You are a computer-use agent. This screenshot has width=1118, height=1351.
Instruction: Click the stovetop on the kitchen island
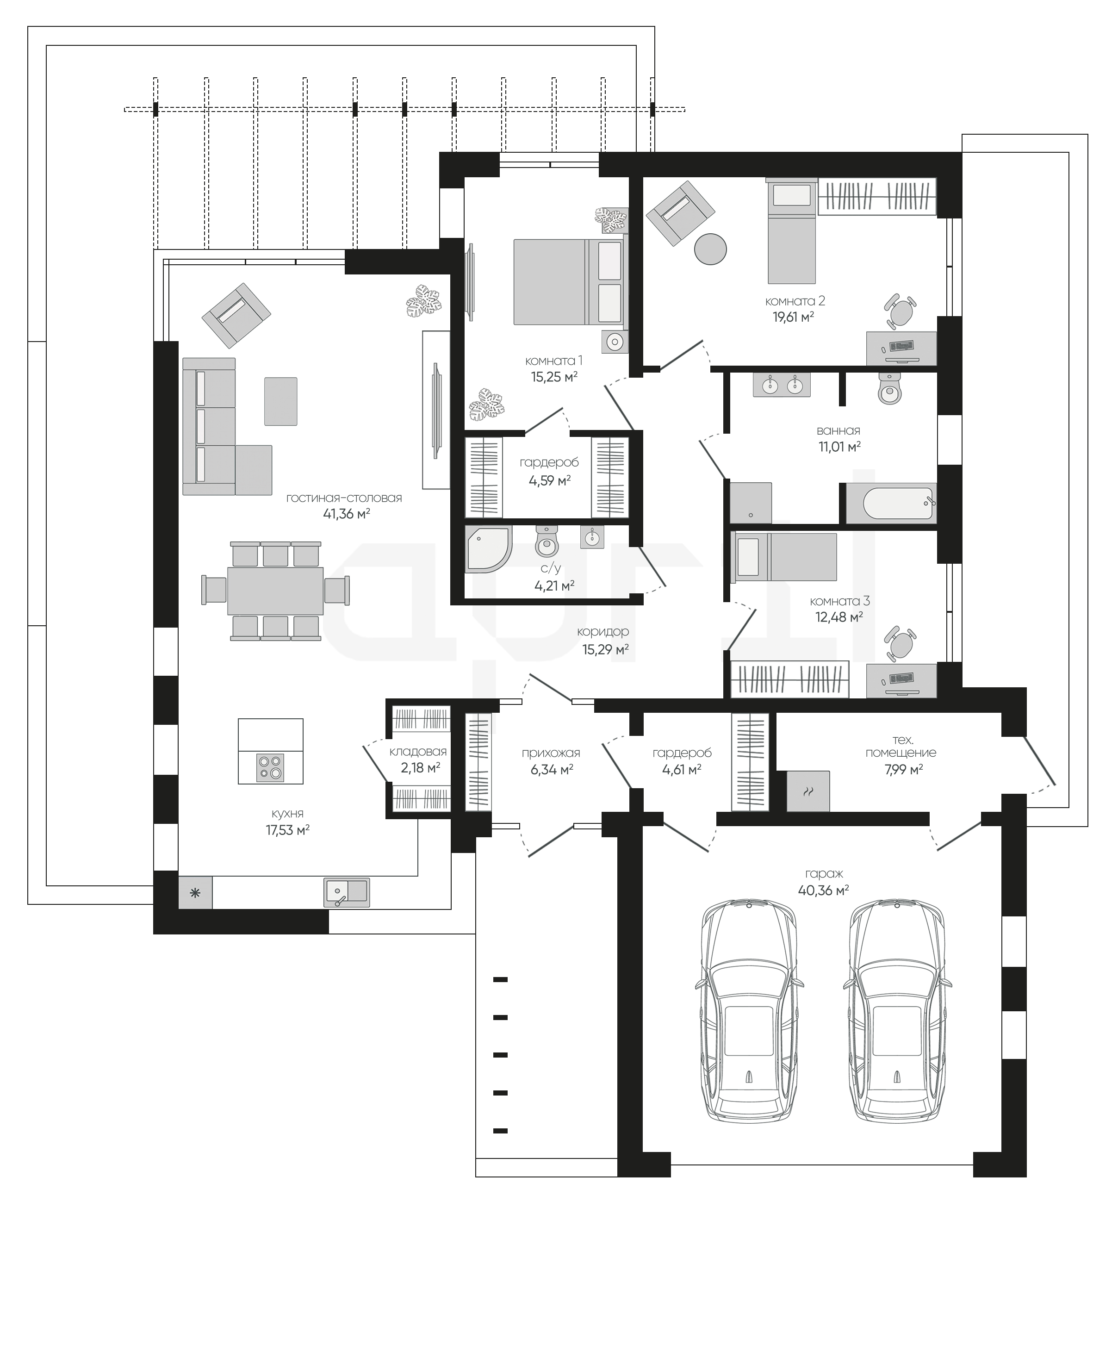[x=270, y=767]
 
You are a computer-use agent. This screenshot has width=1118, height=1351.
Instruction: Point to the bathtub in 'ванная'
[x=891, y=504]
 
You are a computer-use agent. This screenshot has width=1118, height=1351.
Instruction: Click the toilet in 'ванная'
[x=890, y=388]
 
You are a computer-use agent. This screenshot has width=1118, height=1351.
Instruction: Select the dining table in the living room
[x=275, y=590]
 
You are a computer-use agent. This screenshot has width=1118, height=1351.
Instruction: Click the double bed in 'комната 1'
[x=569, y=282]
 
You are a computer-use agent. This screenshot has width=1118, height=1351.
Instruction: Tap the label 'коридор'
[x=603, y=632]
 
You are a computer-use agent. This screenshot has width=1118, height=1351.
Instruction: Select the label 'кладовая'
[x=418, y=752]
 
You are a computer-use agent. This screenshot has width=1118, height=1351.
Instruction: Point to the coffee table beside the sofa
[x=281, y=401]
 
